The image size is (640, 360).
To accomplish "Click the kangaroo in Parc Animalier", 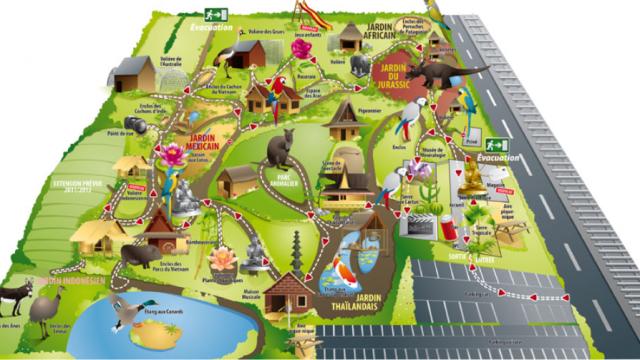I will click(281, 149).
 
